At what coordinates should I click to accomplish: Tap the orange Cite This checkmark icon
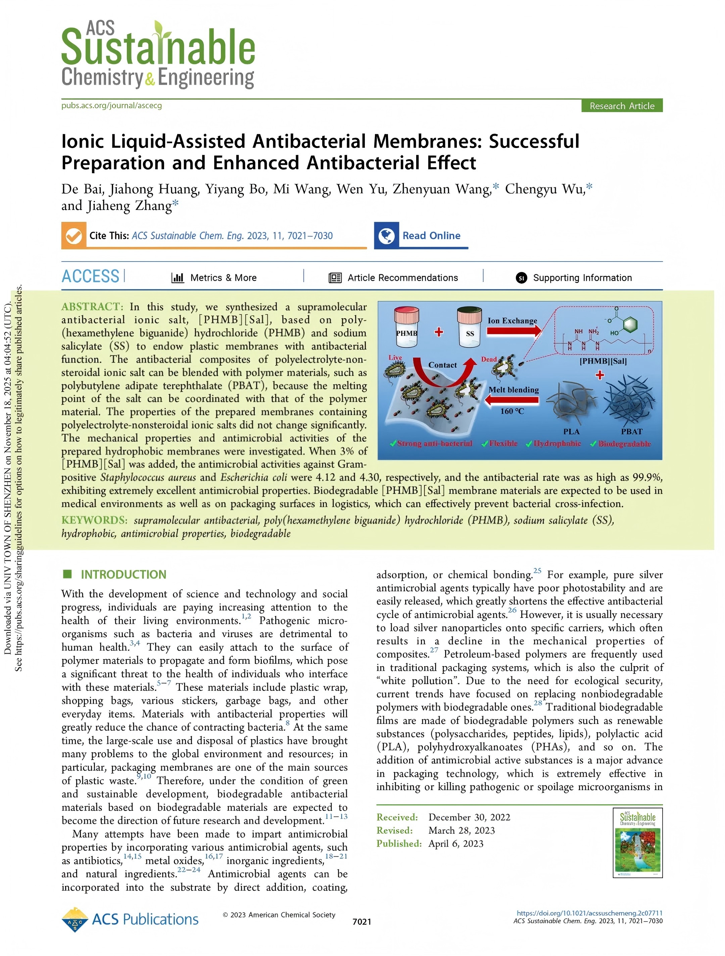[x=74, y=236]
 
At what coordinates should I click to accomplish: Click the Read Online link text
[x=431, y=236]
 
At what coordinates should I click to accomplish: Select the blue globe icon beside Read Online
[x=386, y=236]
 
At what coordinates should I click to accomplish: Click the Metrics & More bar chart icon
[x=178, y=278]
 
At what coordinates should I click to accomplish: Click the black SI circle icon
[x=521, y=278]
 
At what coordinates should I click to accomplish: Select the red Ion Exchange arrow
[x=513, y=331]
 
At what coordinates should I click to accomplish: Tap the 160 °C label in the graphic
[x=512, y=411]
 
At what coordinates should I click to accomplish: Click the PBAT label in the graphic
[x=631, y=431]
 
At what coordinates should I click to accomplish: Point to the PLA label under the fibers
[x=571, y=431]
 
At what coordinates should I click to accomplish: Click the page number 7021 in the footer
[x=361, y=921]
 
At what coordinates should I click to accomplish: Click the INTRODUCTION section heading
[x=123, y=574]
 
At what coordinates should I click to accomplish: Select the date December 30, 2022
[x=469, y=817]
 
